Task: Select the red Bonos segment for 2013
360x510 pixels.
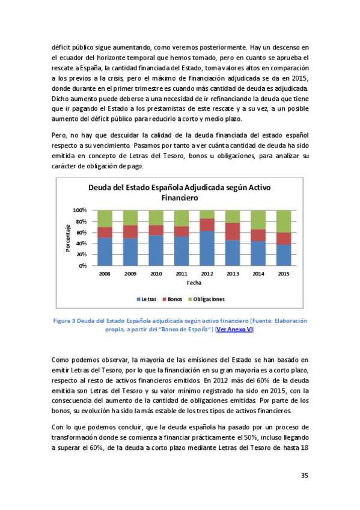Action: coord(233,232)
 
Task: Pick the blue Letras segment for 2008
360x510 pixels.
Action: coord(105,251)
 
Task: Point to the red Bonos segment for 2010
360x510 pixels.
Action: coord(156,230)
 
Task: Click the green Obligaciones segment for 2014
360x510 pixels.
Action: coord(258,220)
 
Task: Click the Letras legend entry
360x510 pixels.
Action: coord(147,298)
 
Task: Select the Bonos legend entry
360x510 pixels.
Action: coord(175,298)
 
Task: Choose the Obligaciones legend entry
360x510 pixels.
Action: coord(207,298)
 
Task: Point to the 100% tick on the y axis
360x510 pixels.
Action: coord(79,210)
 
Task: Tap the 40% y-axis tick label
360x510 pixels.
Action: coord(81,243)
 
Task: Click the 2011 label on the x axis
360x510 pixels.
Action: coord(182,273)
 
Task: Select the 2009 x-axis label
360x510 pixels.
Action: coord(130,273)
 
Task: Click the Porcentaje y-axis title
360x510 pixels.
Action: coord(68,238)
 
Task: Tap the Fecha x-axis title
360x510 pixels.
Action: coord(194,283)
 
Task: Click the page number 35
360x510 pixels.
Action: coord(304,475)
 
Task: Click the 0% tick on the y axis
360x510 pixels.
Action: coord(82,265)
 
